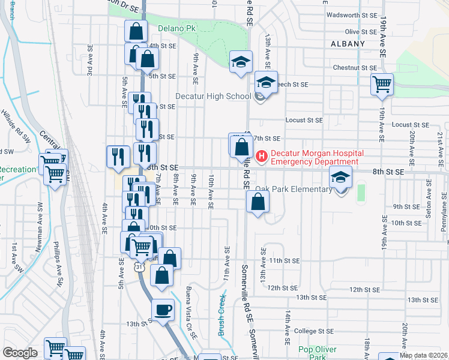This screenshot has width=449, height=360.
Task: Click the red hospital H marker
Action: click(261, 157)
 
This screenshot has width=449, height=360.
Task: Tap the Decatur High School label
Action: click(212, 96)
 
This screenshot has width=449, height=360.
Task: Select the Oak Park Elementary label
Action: click(294, 190)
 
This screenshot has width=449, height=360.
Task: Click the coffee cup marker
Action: click(163, 310)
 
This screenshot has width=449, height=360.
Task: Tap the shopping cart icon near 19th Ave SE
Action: click(382, 84)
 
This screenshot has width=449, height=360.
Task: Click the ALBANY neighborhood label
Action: click(348, 44)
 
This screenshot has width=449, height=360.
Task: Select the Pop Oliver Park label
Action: click(318, 353)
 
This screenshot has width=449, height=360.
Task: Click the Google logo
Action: click(20, 353)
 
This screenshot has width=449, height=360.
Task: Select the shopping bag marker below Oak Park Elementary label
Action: click(257, 203)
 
